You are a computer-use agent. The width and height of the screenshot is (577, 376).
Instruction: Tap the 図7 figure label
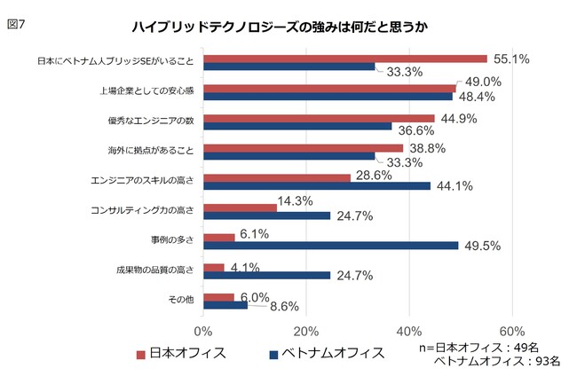coord(17,24)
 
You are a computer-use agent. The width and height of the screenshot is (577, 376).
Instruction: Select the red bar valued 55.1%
coord(345,59)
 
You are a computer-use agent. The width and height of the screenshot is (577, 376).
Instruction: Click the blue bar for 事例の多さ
coord(331,246)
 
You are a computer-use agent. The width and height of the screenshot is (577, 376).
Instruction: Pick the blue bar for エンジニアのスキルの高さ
coord(317,185)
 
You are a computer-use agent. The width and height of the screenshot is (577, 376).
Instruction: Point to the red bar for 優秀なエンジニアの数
coord(319,118)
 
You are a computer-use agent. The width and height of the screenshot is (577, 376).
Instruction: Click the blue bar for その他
coord(225,305)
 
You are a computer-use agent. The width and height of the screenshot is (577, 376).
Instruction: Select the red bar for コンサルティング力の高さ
coord(241,208)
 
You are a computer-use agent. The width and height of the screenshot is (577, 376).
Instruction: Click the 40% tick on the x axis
coord(408,331)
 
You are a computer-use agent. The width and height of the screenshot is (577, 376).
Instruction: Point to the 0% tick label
coord(203,331)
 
